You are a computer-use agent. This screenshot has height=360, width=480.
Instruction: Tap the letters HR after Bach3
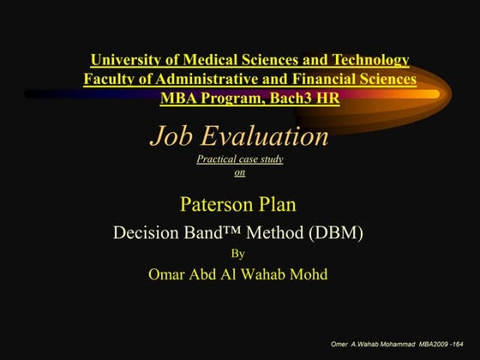[x=327, y=98]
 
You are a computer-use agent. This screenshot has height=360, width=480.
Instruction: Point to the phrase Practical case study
[x=240, y=159]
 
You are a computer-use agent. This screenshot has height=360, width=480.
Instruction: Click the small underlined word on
[x=240, y=171]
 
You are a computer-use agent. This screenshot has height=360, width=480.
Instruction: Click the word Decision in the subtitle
[x=145, y=231]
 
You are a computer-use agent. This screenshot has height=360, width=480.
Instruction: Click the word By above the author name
[x=239, y=253]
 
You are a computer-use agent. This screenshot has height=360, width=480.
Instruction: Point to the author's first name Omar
[x=169, y=274]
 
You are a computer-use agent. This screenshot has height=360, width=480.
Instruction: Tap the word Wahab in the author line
[x=266, y=274]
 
